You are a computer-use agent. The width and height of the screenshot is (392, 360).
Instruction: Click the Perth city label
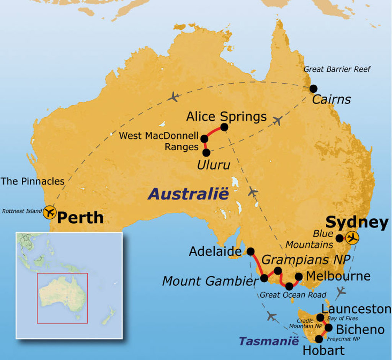pos(80,218)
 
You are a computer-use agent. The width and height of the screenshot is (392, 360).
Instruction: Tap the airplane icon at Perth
pos(49,212)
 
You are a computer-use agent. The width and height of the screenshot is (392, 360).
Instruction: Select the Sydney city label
pos(357,223)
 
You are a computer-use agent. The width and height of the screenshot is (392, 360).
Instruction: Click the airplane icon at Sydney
pos(352,238)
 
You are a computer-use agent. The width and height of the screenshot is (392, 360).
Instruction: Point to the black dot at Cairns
pos(314,88)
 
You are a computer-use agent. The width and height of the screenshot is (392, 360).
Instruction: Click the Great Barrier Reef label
pos(337,69)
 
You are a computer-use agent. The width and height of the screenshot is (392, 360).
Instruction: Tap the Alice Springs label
pos(226,116)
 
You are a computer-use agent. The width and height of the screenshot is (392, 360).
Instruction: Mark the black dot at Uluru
pos(206,152)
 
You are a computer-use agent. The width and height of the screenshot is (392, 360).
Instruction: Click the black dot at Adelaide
pos(250,251)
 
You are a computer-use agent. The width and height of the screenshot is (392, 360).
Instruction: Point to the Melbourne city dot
pos(299,277)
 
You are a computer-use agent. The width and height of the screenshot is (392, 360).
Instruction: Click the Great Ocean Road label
pos(293,295)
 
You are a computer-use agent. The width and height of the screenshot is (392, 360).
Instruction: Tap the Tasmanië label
pos(268,340)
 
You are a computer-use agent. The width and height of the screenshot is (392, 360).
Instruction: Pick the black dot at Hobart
pos(318,339)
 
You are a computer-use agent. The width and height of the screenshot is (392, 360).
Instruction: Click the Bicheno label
pos(360,329)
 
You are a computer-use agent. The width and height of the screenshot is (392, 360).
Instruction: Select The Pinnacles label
pos(33,181)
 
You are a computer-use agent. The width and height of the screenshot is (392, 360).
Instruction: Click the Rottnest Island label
pos(22,211)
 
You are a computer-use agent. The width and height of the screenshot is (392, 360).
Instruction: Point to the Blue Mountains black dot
pos(340,238)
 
